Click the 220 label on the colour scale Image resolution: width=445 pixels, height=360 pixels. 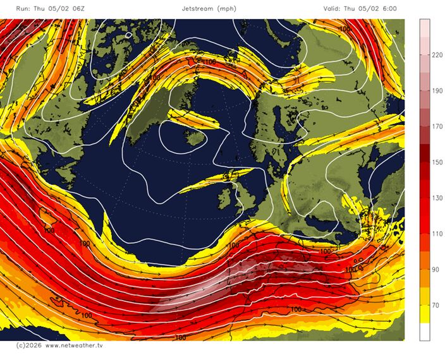point(436,55)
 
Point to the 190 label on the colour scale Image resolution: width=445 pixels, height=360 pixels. point(436,91)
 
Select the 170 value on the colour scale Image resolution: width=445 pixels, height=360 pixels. point(436,126)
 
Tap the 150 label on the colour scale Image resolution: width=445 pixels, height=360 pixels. point(436,162)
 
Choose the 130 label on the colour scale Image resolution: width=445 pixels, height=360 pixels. point(436,198)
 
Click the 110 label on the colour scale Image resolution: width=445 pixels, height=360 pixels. point(436,234)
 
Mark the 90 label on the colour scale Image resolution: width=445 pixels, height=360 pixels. point(436,270)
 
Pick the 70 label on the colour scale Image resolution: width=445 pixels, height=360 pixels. point(436,305)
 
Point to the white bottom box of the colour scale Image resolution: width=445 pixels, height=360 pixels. point(425,332)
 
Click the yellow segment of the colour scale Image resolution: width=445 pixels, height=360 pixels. point(425,306)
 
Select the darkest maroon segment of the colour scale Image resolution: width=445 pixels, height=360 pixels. point(425,153)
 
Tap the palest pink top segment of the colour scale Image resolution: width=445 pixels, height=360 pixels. point(425,27)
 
